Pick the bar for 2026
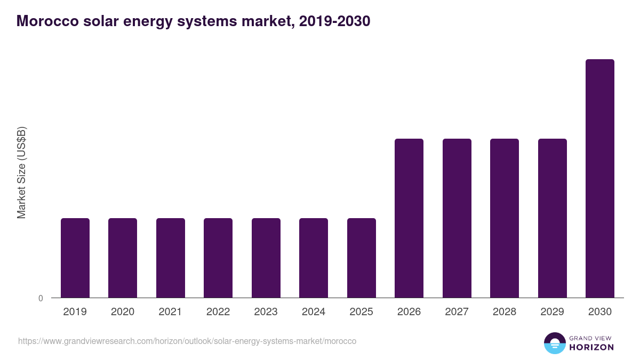(409, 218)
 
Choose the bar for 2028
(505, 218)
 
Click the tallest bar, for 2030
(600, 178)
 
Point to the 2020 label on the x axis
(123, 312)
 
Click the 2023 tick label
(266, 312)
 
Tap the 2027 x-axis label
(457, 312)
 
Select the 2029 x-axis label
(552, 312)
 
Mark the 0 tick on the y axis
(41, 298)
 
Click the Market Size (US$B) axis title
(21, 173)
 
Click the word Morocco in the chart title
(46, 21)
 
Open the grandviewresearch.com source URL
(187, 341)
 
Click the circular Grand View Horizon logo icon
(554, 343)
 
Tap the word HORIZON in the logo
(591, 347)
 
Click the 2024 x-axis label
(314, 312)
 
